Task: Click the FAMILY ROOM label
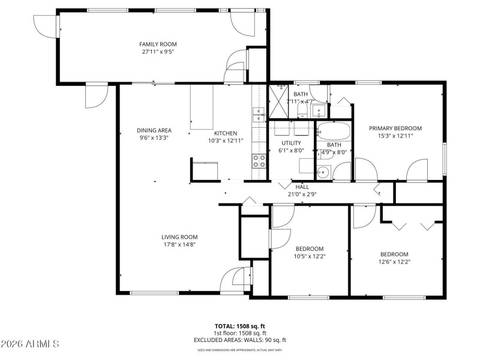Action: pos(158,44)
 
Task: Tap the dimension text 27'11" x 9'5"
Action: pos(158,52)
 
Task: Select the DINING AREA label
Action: pos(154,130)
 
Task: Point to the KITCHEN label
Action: pos(226,133)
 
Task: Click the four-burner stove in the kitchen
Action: pos(259,161)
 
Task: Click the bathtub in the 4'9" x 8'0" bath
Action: pos(334,130)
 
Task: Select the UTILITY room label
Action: pos(291,143)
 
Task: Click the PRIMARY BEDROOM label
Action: pos(395,128)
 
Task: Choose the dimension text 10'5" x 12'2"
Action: pos(309,256)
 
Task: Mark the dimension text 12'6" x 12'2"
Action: pos(394,261)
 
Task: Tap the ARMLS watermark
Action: pos(30,344)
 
